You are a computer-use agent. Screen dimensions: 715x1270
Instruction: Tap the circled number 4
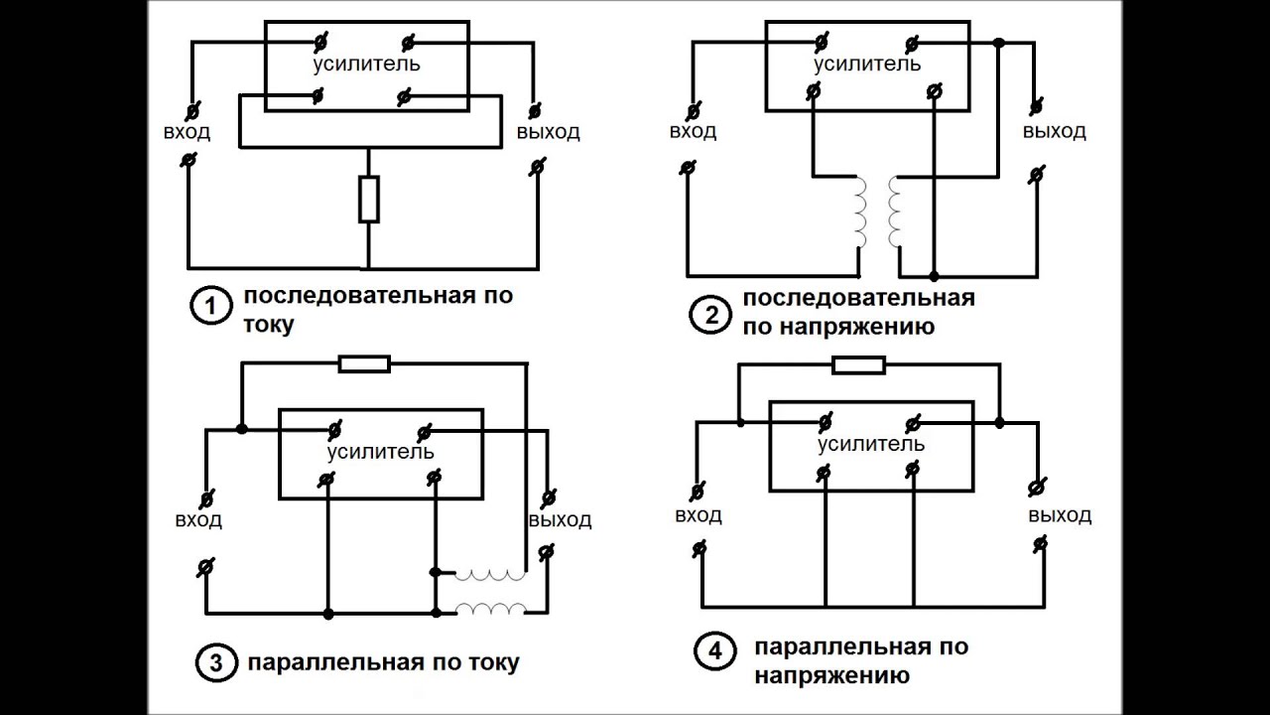[x=715, y=653]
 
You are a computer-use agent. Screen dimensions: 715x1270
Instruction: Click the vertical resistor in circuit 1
[x=368, y=200]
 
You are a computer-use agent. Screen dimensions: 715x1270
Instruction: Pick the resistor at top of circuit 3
[x=364, y=364]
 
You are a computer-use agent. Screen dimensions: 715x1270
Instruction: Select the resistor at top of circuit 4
[x=858, y=365]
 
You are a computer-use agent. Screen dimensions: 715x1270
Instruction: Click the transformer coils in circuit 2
[x=878, y=213]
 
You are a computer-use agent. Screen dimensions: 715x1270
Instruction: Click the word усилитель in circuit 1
[x=366, y=66]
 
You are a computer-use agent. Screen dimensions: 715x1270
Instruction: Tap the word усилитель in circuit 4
[x=871, y=444]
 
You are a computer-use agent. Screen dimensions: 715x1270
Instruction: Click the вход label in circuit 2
[x=693, y=132]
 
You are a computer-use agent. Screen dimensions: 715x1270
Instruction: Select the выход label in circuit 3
[x=560, y=520]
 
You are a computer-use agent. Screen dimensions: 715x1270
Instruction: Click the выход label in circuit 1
[x=548, y=132]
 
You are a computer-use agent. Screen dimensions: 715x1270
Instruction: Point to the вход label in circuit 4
[x=698, y=515]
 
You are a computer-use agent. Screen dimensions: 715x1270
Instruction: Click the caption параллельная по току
[x=382, y=662]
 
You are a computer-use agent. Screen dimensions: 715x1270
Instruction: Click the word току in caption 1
[x=269, y=324]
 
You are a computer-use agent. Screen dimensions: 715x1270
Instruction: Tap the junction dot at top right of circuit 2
[x=999, y=44]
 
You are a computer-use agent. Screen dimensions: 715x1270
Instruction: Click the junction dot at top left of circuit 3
[x=241, y=429]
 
